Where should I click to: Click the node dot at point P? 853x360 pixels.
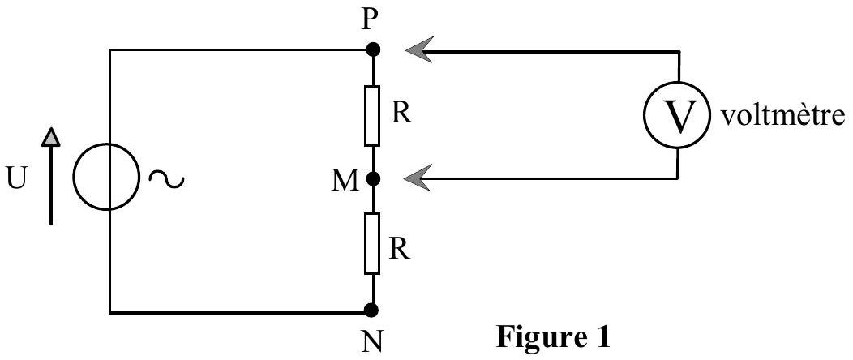(372, 50)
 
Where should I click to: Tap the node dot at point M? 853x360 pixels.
(372, 178)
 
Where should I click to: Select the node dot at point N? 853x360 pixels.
(372, 310)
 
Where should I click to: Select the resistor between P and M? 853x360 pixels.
(372, 116)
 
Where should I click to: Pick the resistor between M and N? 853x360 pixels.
(372, 243)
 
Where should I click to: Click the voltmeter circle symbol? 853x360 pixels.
(678, 116)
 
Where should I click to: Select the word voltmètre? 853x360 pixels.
(782, 116)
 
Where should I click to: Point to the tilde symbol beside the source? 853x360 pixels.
(166, 178)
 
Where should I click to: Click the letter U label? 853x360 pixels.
(18, 180)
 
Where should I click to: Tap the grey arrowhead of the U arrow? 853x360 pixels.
(50, 137)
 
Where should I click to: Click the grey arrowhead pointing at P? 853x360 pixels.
(419, 50)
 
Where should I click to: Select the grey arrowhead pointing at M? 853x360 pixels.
(419, 178)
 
